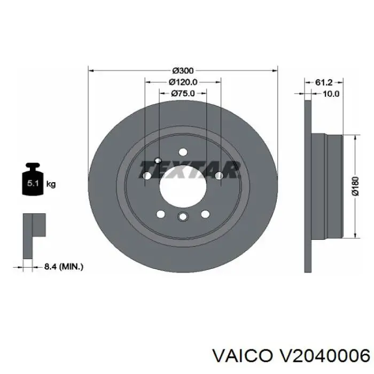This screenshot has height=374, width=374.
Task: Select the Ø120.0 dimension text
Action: coord(183,82)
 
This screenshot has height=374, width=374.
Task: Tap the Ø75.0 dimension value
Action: coord(183,93)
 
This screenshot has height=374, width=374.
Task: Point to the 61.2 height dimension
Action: coord(324,82)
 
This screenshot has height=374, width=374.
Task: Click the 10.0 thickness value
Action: coord(331,93)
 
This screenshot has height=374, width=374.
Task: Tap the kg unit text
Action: coord(51,184)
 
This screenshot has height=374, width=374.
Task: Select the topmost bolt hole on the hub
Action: coord(183,152)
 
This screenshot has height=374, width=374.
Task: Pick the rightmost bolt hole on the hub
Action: coord(219,175)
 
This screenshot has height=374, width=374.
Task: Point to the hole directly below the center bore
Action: coord(183,216)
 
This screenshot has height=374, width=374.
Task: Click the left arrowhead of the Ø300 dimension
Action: coord(91,70)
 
